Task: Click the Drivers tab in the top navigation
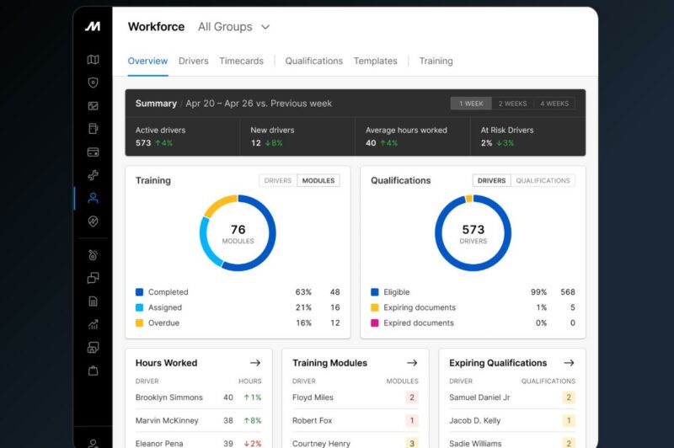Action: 193,61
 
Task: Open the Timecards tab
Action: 241,61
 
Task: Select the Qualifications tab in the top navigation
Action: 313,61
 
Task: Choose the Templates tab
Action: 375,61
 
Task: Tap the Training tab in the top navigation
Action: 436,61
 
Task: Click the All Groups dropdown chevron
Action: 265,27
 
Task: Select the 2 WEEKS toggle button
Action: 512,104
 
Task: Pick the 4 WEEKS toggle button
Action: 554,104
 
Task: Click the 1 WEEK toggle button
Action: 471,104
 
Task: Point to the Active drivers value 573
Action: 143,143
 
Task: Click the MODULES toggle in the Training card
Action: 318,180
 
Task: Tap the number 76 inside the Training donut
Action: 238,229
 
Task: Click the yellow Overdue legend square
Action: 139,323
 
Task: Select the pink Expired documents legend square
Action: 374,323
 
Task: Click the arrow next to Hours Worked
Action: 255,363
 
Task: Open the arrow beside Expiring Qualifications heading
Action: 569,363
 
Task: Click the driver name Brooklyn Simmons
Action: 169,397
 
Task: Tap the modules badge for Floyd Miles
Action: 412,397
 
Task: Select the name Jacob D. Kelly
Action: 474,420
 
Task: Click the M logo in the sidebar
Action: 93,26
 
